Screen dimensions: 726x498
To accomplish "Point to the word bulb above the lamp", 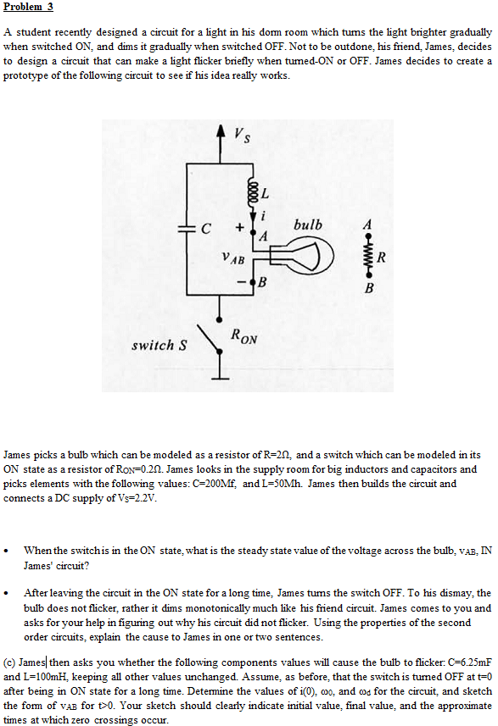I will (x=307, y=224).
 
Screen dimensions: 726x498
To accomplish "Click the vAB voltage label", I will (x=232, y=254).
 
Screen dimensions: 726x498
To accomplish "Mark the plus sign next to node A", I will (x=241, y=227).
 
